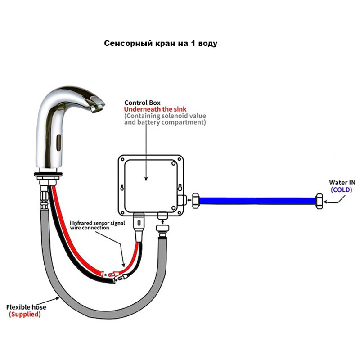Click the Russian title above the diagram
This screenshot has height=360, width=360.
tap(161, 43)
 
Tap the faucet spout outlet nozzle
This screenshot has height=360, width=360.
tap(96, 108)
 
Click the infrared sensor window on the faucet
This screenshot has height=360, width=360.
tap(59, 142)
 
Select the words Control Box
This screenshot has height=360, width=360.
tap(142, 103)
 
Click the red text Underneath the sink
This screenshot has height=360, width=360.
tap(155, 109)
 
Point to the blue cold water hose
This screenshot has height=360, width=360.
tap(257, 201)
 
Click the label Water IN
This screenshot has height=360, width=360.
tap(342, 183)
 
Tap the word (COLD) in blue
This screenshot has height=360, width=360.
tap(342, 189)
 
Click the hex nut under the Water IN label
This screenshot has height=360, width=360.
tap(319, 201)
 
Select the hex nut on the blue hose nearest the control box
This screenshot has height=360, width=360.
tap(196, 201)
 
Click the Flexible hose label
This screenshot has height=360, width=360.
tap(26, 307)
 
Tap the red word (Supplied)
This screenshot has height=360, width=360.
tap(25, 314)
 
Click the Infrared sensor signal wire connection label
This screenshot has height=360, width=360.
tap(98, 225)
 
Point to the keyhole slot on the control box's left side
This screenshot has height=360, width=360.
tap(122, 188)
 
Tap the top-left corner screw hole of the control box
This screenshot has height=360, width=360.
tap(122, 159)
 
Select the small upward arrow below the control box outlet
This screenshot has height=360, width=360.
tap(163, 222)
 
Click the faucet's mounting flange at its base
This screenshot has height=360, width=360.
tap(48, 174)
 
